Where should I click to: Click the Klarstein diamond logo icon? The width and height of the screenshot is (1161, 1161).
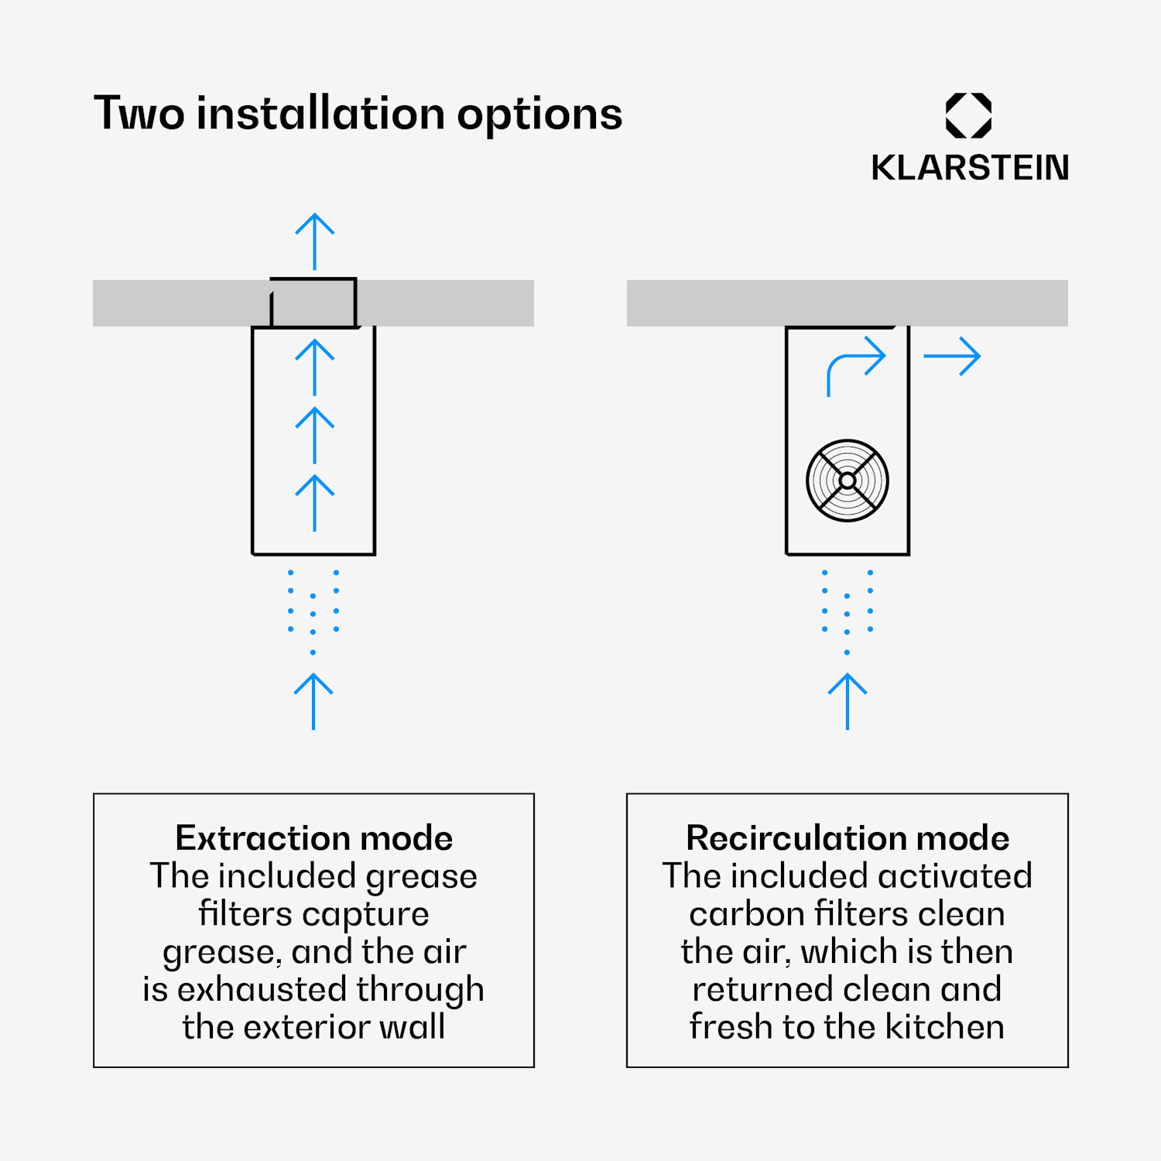(x=968, y=115)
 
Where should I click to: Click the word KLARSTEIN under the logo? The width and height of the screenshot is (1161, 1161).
(x=969, y=168)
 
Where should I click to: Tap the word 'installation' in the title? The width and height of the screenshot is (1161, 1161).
(x=320, y=114)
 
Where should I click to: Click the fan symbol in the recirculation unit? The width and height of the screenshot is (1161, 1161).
(x=848, y=481)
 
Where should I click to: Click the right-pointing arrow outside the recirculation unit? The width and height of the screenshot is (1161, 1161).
(x=953, y=356)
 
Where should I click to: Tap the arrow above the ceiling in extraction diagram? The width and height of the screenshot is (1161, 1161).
(x=314, y=241)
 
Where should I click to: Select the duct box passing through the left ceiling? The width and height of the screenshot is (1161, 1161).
(x=313, y=303)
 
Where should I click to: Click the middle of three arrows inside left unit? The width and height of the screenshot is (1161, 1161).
(x=314, y=435)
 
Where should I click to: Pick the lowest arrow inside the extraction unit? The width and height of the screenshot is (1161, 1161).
(x=314, y=502)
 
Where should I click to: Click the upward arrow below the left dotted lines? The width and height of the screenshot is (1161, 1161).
(x=313, y=700)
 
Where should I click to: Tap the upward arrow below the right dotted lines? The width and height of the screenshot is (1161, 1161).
(x=848, y=700)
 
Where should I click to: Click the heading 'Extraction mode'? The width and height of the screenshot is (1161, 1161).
(x=313, y=838)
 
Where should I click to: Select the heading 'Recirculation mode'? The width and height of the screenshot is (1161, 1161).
(x=848, y=838)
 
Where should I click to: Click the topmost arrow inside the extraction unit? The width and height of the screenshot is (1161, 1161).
(x=314, y=367)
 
